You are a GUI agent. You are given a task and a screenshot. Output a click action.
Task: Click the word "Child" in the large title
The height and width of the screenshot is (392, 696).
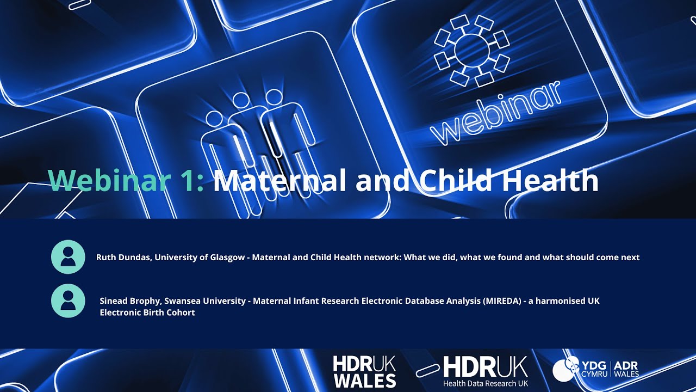click(456, 180)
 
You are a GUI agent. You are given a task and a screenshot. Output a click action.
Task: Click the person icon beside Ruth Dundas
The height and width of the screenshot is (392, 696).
click(68, 257)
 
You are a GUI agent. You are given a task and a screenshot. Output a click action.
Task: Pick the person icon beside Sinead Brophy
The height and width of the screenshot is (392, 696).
click(68, 301)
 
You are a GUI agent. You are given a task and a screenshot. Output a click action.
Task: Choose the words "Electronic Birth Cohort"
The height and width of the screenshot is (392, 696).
click(147, 313)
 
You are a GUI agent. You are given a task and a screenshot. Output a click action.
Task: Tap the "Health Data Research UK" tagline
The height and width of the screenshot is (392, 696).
click(485, 383)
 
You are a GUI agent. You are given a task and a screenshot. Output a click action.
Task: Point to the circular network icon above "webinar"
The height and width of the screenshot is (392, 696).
click(471, 51)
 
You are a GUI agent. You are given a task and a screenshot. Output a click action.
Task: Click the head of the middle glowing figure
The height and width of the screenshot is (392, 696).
click(240, 100)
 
